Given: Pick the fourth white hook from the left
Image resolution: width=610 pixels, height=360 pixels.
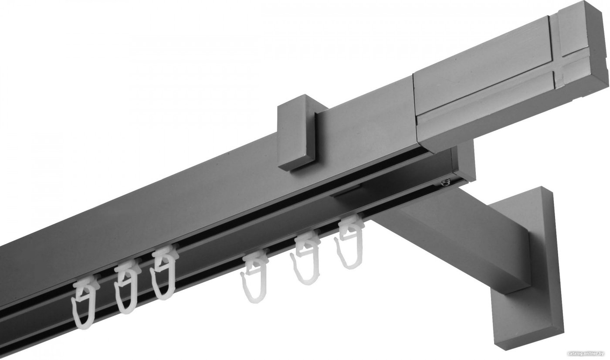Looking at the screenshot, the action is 254,277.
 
